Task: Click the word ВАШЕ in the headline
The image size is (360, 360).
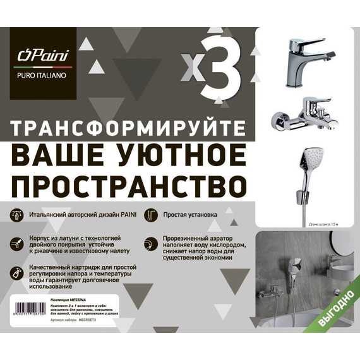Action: [57, 155]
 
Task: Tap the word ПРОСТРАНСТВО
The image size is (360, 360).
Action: [120, 185]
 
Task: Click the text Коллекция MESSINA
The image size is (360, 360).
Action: [67, 296]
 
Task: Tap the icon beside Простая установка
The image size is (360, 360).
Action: [150, 215]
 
